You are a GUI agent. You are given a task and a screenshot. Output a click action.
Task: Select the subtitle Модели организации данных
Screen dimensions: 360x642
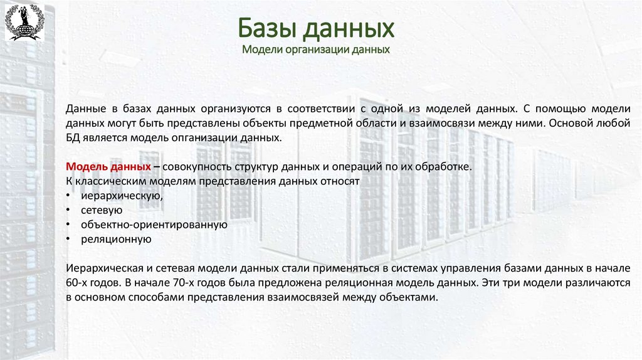[316, 49]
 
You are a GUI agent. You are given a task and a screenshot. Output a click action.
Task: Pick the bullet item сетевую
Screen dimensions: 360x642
[101, 210]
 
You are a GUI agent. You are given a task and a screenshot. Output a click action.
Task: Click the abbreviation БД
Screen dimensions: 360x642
[73, 138]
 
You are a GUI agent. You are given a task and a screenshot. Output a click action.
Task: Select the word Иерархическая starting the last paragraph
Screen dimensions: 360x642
[102, 268]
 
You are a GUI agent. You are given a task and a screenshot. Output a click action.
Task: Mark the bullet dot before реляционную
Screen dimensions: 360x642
[68, 239]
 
